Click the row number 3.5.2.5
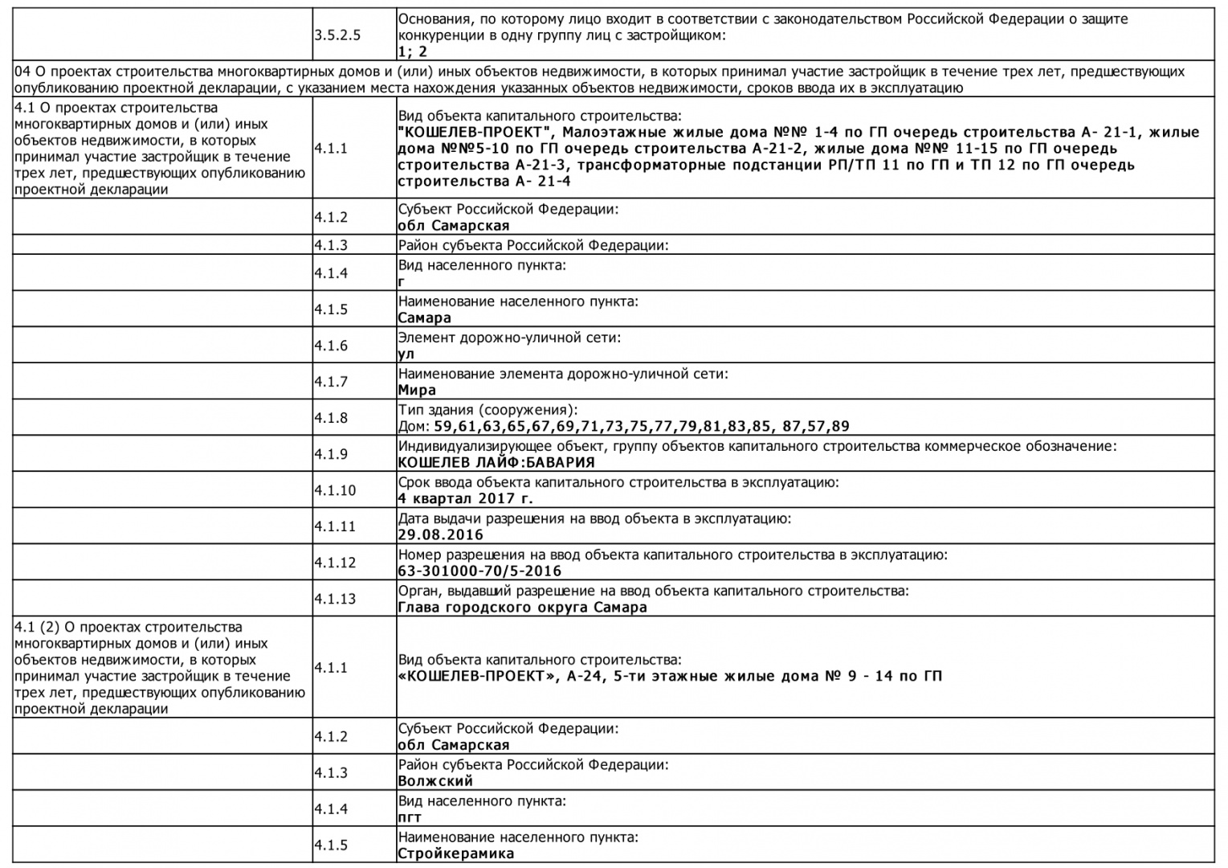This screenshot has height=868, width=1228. pos(337,35)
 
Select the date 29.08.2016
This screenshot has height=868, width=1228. pos(440,535)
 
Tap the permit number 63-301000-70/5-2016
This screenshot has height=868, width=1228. pos(479,571)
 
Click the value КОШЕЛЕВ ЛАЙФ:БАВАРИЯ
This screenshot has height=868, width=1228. pos(496,463)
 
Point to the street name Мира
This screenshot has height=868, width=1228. pos(417,391)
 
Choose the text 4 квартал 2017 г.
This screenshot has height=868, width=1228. pos(465,499)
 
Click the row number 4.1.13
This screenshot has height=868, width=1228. pos(334,599)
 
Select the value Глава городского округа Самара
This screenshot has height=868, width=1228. pos(522,608)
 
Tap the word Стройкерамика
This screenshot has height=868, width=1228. pos(455,854)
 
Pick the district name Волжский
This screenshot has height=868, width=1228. pos(435,781)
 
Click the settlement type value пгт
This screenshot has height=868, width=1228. pos(410,817)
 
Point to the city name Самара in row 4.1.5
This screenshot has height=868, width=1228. pos(424,318)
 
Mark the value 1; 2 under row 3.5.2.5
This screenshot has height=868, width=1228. pos(413,51)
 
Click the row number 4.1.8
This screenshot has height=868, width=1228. pos(331,418)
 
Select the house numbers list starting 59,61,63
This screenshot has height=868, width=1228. pos(641,427)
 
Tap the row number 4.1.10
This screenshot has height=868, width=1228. pos(334,490)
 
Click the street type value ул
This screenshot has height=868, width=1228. pos(406,354)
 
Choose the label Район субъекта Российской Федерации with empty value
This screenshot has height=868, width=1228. pos(533,245)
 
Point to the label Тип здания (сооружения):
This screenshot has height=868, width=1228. pos(488,410)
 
